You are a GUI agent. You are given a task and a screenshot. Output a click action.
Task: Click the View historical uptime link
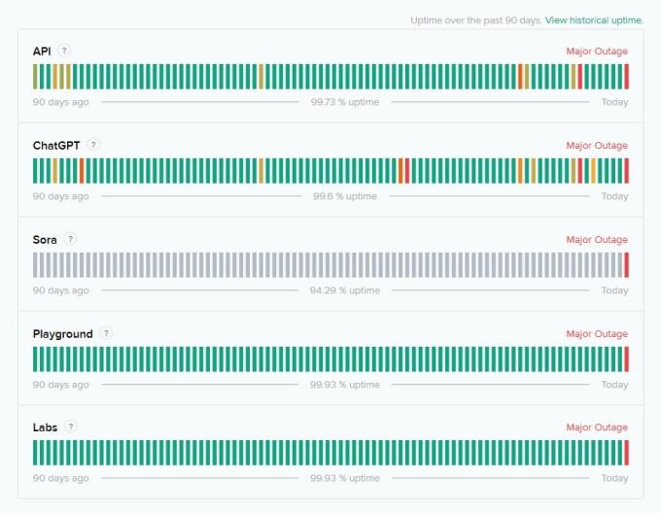coord(594,19)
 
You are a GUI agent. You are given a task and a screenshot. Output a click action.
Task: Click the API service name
coord(42,51)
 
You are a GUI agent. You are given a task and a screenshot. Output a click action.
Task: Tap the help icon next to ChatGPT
coord(93,145)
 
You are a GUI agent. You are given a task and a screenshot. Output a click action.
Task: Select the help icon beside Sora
coord(70,239)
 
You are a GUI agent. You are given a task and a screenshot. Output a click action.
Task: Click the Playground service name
coord(62,333)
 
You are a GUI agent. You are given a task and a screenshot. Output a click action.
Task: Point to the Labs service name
coord(45,427)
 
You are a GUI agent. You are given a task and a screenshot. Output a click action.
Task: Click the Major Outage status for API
coord(597,51)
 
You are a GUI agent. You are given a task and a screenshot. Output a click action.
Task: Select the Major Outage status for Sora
coord(597,240)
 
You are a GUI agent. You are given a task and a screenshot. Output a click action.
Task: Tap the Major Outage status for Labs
coord(597,427)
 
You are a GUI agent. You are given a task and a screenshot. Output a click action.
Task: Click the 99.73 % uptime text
coord(345,102)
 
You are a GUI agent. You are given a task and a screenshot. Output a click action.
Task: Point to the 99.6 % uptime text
coord(345,196)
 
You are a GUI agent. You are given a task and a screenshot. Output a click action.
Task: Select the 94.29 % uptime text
coord(345,291)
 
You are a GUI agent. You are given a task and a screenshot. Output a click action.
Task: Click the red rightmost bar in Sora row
coord(627,265)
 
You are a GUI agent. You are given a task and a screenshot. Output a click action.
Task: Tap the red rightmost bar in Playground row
coord(627,359)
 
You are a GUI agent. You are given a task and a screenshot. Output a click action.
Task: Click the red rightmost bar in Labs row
coord(627,453)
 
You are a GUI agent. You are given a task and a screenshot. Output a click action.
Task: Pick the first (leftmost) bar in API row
coord(35,77)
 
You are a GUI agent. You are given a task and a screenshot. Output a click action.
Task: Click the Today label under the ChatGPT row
coord(614,196)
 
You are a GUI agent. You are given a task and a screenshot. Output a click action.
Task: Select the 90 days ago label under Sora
coord(60,291)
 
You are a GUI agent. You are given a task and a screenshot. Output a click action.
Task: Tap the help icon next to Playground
coord(106,333)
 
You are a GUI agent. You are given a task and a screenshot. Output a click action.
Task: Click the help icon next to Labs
coord(71,427)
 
